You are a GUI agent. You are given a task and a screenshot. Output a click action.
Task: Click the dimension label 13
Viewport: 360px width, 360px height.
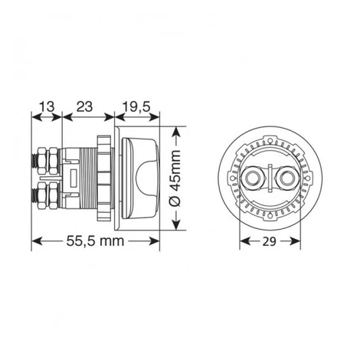click(x=47, y=106)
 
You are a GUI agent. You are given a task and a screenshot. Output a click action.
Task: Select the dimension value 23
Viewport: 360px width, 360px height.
click(x=84, y=106)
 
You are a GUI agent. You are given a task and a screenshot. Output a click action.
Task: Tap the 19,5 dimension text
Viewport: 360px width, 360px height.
click(x=136, y=106)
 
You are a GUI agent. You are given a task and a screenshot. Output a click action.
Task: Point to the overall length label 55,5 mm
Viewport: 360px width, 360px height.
click(x=95, y=241)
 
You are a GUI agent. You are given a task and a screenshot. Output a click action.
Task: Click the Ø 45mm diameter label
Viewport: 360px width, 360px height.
click(x=175, y=178)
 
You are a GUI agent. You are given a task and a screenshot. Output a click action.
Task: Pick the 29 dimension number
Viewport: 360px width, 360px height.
click(x=270, y=241)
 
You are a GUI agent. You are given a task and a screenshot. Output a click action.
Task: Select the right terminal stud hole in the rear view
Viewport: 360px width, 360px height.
click(x=286, y=178)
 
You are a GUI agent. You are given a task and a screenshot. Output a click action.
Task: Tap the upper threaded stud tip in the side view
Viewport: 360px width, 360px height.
click(x=34, y=162)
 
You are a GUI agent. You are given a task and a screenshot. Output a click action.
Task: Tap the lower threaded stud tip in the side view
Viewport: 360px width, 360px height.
click(x=34, y=196)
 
